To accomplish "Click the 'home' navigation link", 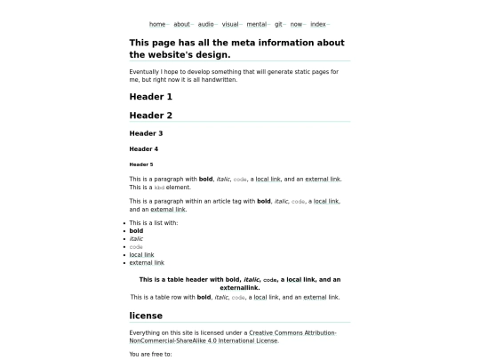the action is (157, 24).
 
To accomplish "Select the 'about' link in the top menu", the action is (182, 24).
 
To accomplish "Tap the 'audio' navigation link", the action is (206, 24).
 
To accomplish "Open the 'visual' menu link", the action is (230, 24).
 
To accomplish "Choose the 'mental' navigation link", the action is (257, 24).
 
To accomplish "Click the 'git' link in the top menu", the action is (279, 24).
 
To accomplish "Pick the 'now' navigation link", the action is (296, 24).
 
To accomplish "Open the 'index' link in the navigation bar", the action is (318, 24).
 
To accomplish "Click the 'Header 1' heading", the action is (151, 96).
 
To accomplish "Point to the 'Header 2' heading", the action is (151, 116).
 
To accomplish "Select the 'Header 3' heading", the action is (146, 133).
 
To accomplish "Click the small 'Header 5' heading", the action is (141, 164).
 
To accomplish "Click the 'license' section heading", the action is (146, 316).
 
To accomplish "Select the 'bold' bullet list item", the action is (136, 231).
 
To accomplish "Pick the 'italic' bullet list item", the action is (136, 239).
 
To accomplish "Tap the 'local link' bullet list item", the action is (141, 255).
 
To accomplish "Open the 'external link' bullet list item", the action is (147, 263).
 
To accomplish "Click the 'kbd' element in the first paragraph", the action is (160, 188).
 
